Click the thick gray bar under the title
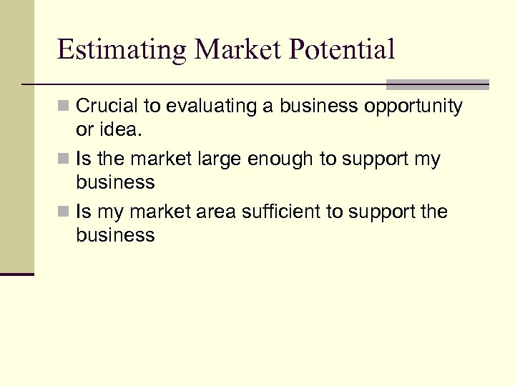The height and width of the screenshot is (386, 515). pos(437,84)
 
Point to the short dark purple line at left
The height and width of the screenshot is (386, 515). pos(17,274)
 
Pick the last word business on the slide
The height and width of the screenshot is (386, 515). pos(115,235)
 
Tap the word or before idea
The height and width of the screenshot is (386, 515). pos(84,130)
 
